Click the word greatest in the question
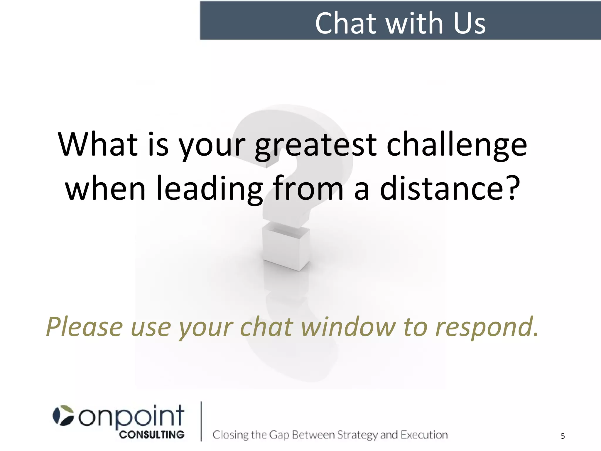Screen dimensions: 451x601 (x=316, y=145)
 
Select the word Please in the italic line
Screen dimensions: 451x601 (x=85, y=327)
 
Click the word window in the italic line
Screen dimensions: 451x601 (x=348, y=327)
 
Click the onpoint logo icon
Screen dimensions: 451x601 (x=63, y=415)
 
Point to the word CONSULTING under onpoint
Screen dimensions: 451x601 (x=152, y=435)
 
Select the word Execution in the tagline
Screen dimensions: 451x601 (x=424, y=435)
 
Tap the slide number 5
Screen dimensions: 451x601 (x=563, y=436)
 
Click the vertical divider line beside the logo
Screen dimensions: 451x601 (x=201, y=421)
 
